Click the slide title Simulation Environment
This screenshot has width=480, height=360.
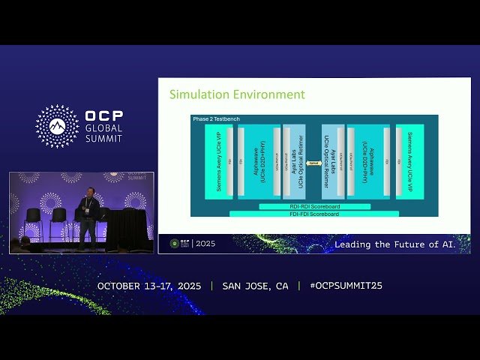pyautogui.click(x=237, y=94)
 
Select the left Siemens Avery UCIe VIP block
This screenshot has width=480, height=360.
pyautogui.click(x=217, y=162)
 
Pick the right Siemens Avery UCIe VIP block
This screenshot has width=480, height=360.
pyautogui.click(x=410, y=162)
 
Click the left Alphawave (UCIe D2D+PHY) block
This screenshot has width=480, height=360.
pyautogui.click(x=259, y=162)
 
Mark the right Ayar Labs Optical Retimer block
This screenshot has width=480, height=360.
pyautogui.click(x=331, y=162)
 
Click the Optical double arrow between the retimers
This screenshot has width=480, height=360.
pyautogui.click(x=313, y=163)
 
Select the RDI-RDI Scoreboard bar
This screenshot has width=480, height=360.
pyautogui.click(x=314, y=206)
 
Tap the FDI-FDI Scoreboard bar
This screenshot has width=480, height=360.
pyautogui.click(x=314, y=214)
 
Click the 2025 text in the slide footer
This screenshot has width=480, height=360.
pyautogui.click(x=205, y=244)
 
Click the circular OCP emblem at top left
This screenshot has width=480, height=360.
pyautogui.click(x=57, y=126)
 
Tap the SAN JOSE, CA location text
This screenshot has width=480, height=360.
pyautogui.click(x=255, y=286)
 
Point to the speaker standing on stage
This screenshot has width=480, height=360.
pyautogui.click(x=88, y=217)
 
